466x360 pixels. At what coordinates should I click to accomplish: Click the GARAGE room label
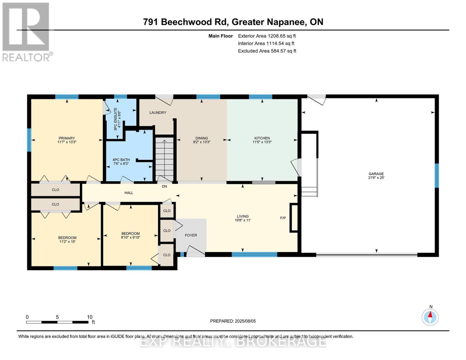[376, 174]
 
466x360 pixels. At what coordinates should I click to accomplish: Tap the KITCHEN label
[262, 138]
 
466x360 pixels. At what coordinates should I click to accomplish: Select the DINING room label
[202, 138]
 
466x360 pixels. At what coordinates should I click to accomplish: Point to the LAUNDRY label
[158, 112]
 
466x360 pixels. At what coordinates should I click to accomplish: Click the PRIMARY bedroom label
[67, 138]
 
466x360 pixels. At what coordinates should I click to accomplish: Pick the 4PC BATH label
[121, 160]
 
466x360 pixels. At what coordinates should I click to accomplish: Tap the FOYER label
[191, 235]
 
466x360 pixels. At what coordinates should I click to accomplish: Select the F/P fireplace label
[283, 218]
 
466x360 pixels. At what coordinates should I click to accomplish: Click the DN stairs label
[164, 186]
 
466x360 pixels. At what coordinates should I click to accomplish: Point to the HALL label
[129, 193]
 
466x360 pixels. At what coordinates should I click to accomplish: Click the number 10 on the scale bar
[89, 317]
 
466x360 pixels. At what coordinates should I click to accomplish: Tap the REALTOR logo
[26, 31]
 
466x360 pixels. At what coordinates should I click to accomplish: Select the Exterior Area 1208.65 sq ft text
[267, 36]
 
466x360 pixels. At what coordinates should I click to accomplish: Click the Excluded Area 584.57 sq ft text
[267, 51]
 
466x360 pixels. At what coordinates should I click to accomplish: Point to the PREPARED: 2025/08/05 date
[233, 321]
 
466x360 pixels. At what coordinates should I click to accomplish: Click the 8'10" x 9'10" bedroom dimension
[131, 237]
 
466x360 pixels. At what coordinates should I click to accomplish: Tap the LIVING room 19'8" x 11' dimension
[242, 220]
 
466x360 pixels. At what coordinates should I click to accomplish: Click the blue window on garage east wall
[437, 175]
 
